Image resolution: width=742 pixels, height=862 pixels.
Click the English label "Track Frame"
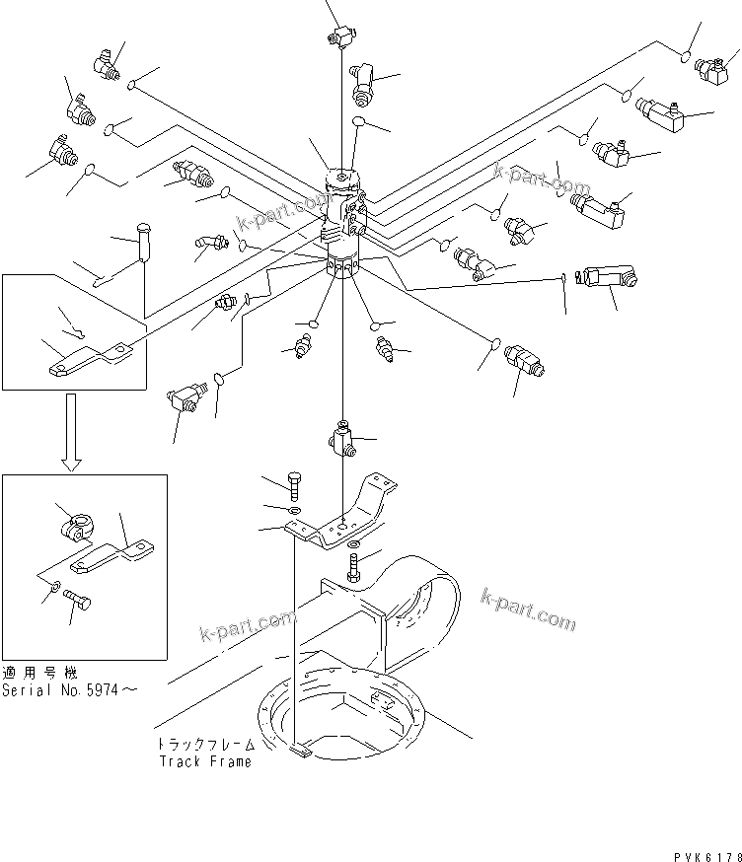pyautogui.click(x=205, y=760)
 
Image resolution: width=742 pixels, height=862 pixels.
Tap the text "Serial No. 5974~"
pyautogui.click(x=68, y=689)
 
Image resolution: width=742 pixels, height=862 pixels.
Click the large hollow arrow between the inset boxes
pyautogui.click(x=70, y=429)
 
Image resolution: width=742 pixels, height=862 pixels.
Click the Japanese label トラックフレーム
pyautogui.click(x=204, y=746)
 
